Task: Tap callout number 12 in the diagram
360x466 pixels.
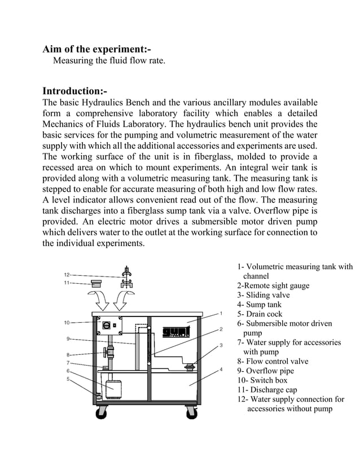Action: coord(67,274)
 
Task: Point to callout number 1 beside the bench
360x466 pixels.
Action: coord(222,313)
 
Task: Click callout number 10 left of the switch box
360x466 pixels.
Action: coord(67,323)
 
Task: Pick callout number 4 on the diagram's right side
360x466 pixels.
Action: coord(222,370)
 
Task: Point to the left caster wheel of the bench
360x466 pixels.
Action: coord(102,412)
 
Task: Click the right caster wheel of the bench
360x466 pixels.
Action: coord(191,412)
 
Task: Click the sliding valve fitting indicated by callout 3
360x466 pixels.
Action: coord(191,367)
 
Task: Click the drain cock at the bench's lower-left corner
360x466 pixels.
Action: coord(97,394)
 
